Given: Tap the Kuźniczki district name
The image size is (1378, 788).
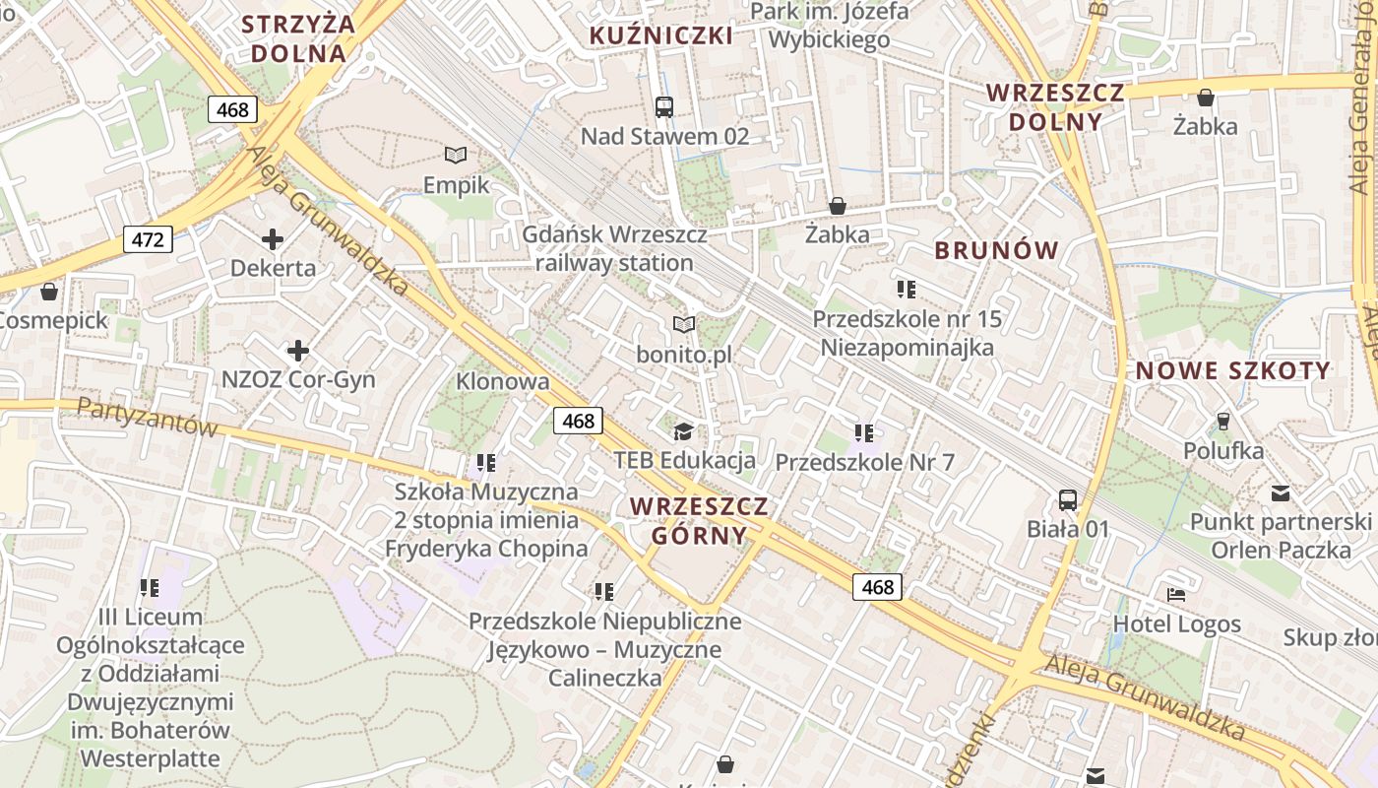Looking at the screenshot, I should click(661, 36).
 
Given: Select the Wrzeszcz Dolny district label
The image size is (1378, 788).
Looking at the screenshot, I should click(1055, 107).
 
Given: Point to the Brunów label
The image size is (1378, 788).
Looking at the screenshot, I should click(996, 250).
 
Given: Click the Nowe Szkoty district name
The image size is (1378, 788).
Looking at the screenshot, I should click(1233, 371).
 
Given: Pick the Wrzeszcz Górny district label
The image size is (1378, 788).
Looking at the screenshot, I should click(699, 521).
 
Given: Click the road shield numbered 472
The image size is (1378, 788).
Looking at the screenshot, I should click(149, 238).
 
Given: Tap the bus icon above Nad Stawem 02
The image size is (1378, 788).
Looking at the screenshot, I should click(664, 107).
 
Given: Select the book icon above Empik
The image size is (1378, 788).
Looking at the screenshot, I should click(456, 155).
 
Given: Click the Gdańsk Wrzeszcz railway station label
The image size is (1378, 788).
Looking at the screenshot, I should click(614, 249).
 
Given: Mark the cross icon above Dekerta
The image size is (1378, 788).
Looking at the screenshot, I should click(273, 238).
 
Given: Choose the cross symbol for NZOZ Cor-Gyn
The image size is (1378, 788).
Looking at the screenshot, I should click(297, 350).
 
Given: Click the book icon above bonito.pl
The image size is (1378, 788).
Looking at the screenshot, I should click(683, 324).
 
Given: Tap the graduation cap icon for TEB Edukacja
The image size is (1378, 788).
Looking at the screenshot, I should click(683, 430).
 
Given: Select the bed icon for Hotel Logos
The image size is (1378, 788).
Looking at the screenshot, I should click(1176, 594).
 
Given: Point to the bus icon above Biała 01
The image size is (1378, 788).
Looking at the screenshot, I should click(1068, 499).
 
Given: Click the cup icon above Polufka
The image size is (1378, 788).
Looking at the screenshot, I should click(1223, 421).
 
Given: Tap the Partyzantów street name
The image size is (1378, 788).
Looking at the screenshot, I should click(147, 418).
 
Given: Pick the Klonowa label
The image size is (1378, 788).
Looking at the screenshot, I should click(502, 381).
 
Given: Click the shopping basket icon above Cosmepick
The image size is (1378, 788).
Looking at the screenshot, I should click(49, 292).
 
